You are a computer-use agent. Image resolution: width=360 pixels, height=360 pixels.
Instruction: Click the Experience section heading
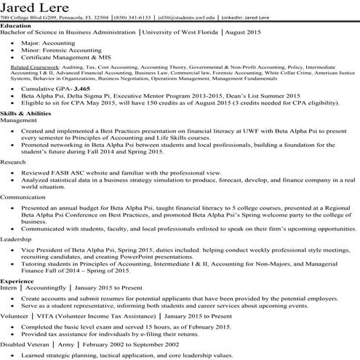[x=17, y=300]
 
